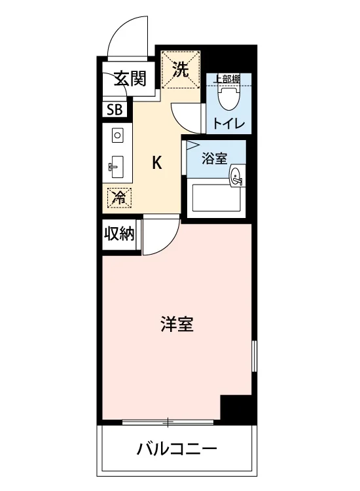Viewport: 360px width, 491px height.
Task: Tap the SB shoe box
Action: (x=115, y=109)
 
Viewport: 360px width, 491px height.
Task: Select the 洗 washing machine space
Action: (x=181, y=69)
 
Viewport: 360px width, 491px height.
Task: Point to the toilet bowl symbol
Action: (x=229, y=98)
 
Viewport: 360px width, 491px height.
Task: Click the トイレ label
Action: (x=228, y=123)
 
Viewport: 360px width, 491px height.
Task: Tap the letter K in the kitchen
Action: (x=157, y=163)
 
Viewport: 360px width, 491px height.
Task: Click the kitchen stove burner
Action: (x=117, y=136)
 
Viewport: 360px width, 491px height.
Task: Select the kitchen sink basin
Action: (x=117, y=167)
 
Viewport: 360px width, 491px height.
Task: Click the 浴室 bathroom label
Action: (x=215, y=158)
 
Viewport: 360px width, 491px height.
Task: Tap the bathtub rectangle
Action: (x=216, y=198)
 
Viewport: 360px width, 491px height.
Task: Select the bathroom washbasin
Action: (x=236, y=176)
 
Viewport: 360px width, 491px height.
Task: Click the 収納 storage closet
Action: (x=119, y=234)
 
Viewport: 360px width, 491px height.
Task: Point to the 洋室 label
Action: (x=177, y=324)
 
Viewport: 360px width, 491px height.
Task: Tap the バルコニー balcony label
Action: (x=177, y=449)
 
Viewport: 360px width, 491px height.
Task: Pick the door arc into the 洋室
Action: (x=168, y=244)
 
